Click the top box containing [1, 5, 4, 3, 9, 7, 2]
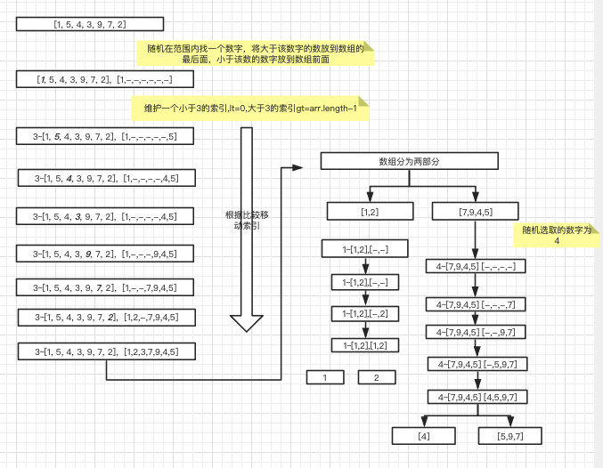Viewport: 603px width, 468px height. pos(89,25)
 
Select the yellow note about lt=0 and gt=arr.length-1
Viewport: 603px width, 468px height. pos(250,107)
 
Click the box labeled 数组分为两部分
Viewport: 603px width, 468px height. pos(409,161)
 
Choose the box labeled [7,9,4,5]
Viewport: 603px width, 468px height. pos(476,211)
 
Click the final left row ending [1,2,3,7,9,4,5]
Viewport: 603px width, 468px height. pos(106,351)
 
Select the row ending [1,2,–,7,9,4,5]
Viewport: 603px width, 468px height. pos(106,317)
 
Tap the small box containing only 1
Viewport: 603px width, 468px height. pos(326,377)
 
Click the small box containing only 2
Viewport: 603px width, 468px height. pos(377,377)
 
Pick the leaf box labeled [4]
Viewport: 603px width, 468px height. pos(424,435)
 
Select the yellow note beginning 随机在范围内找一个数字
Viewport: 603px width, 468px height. pos(255,53)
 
